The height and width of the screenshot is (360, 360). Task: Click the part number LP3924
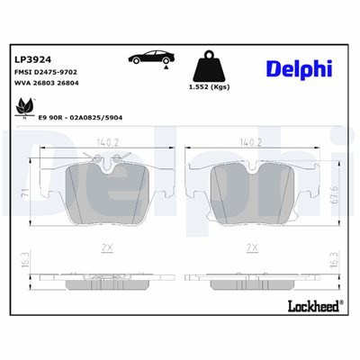tap(33, 59)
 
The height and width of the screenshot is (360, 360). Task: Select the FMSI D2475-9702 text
tap(46, 72)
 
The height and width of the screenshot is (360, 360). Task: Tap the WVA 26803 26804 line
tap(47, 83)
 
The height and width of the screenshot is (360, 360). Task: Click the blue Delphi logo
tap(299, 69)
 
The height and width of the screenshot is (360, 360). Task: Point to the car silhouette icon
tap(152, 57)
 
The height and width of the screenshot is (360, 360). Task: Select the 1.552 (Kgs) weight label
tap(209, 87)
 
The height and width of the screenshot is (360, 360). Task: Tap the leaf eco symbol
tap(25, 108)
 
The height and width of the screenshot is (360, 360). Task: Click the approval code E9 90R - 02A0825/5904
tap(80, 118)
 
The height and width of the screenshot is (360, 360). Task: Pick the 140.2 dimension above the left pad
tap(108, 142)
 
